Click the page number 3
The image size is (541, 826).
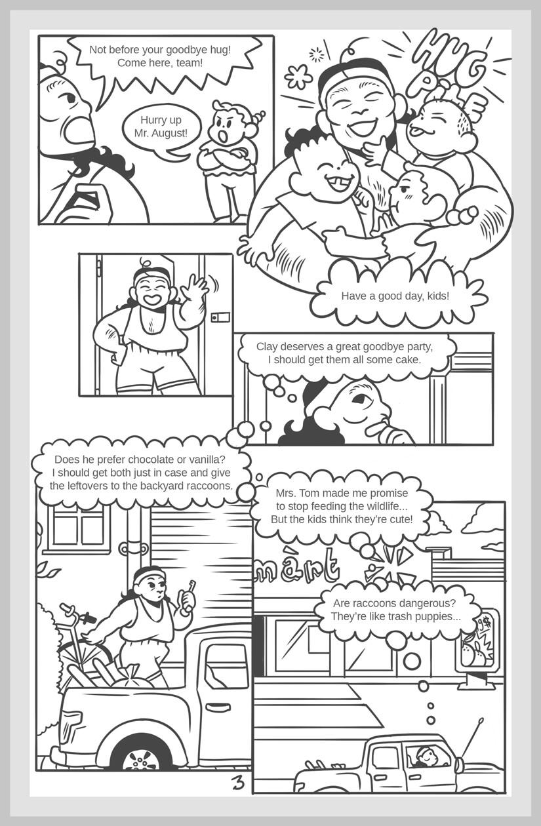pyautogui.click(x=237, y=782)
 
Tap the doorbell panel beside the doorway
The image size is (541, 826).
pyautogui.click(x=221, y=318)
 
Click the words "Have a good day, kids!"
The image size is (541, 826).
pyautogui.click(x=395, y=296)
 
